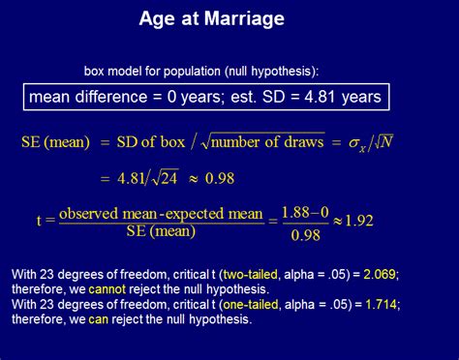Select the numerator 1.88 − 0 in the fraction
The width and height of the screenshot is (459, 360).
coord(306,212)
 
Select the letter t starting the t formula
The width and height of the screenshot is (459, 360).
coord(40,221)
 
